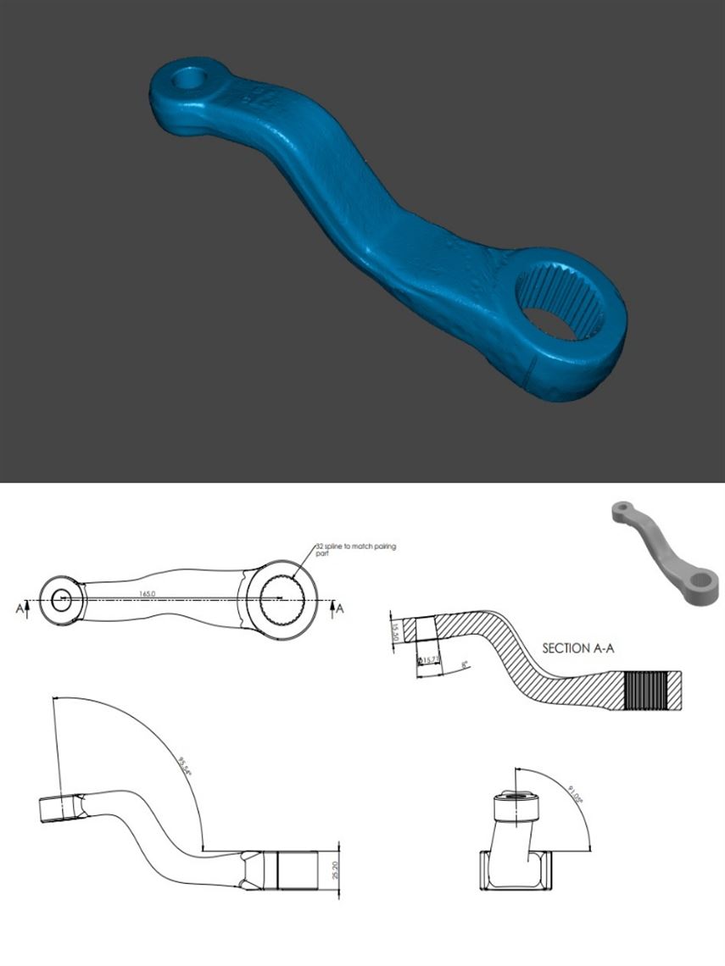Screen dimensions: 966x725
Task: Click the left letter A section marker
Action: pos(20,608)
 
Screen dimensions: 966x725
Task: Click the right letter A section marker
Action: pos(340,608)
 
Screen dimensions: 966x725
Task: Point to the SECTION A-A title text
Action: pos(577,648)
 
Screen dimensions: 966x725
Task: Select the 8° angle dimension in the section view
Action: pos(465,665)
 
